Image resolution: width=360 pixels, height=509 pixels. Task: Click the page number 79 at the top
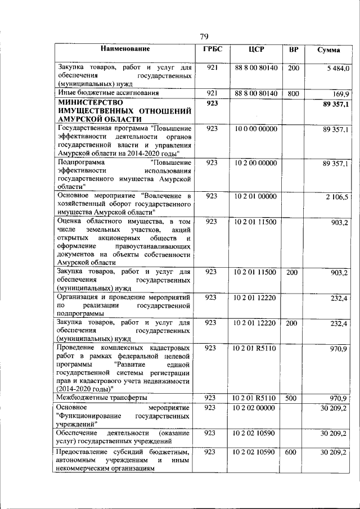204,37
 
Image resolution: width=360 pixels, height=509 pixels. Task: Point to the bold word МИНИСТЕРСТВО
90,103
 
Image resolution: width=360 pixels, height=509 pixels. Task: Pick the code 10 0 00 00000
256,129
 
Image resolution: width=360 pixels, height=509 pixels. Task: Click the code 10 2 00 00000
256,163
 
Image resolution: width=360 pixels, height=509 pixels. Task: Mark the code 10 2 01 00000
256,196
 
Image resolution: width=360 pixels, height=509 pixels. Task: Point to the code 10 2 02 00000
256,407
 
